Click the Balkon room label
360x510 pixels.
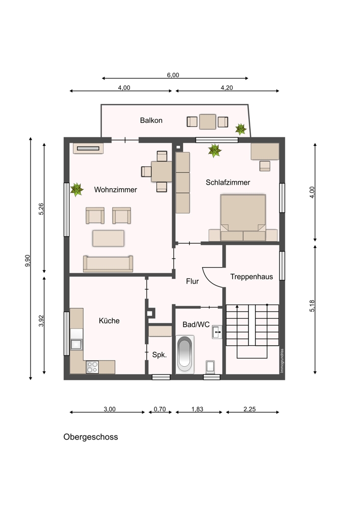tap(151, 120)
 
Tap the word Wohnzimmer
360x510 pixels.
tap(115, 190)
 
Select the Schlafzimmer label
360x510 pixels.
tap(227, 183)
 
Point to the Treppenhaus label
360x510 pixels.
tap(251, 277)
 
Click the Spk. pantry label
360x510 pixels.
tap(160, 355)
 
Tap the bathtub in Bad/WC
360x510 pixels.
tap(185, 354)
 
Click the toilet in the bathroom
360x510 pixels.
tap(210, 367)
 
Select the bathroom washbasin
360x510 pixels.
tap(217, 332)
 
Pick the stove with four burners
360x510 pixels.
tap(92, 367)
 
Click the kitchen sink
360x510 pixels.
tap(76, 344)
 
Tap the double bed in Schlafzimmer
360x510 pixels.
tap(243, 218)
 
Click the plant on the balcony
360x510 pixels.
tap(241, 129)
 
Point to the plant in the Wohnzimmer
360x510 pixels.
tap(76, 189)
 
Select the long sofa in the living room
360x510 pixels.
tap(108, 264)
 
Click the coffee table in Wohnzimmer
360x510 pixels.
tap(108, 238)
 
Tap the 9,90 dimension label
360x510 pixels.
tap(28, 261)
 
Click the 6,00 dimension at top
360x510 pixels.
tap(173, 75)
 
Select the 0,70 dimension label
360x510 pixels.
tap(160, 409)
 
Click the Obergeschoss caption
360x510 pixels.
tap(91, 437)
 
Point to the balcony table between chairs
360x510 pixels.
tap(208, 122)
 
